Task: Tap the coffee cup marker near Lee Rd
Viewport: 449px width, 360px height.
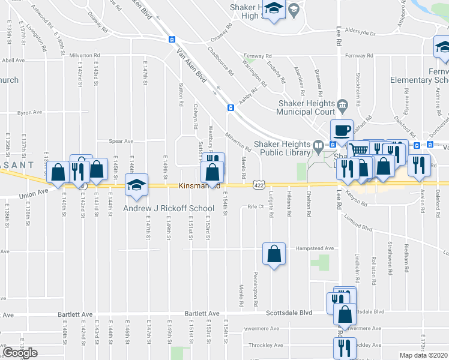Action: pos(342,130)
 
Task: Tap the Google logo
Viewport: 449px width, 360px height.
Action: pos(20,353)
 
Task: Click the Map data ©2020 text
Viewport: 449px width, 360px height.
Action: pos(424,355)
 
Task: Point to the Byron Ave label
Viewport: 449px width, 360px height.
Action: pos(29,112)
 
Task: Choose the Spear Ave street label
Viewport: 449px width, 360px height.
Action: pos(121,142)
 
